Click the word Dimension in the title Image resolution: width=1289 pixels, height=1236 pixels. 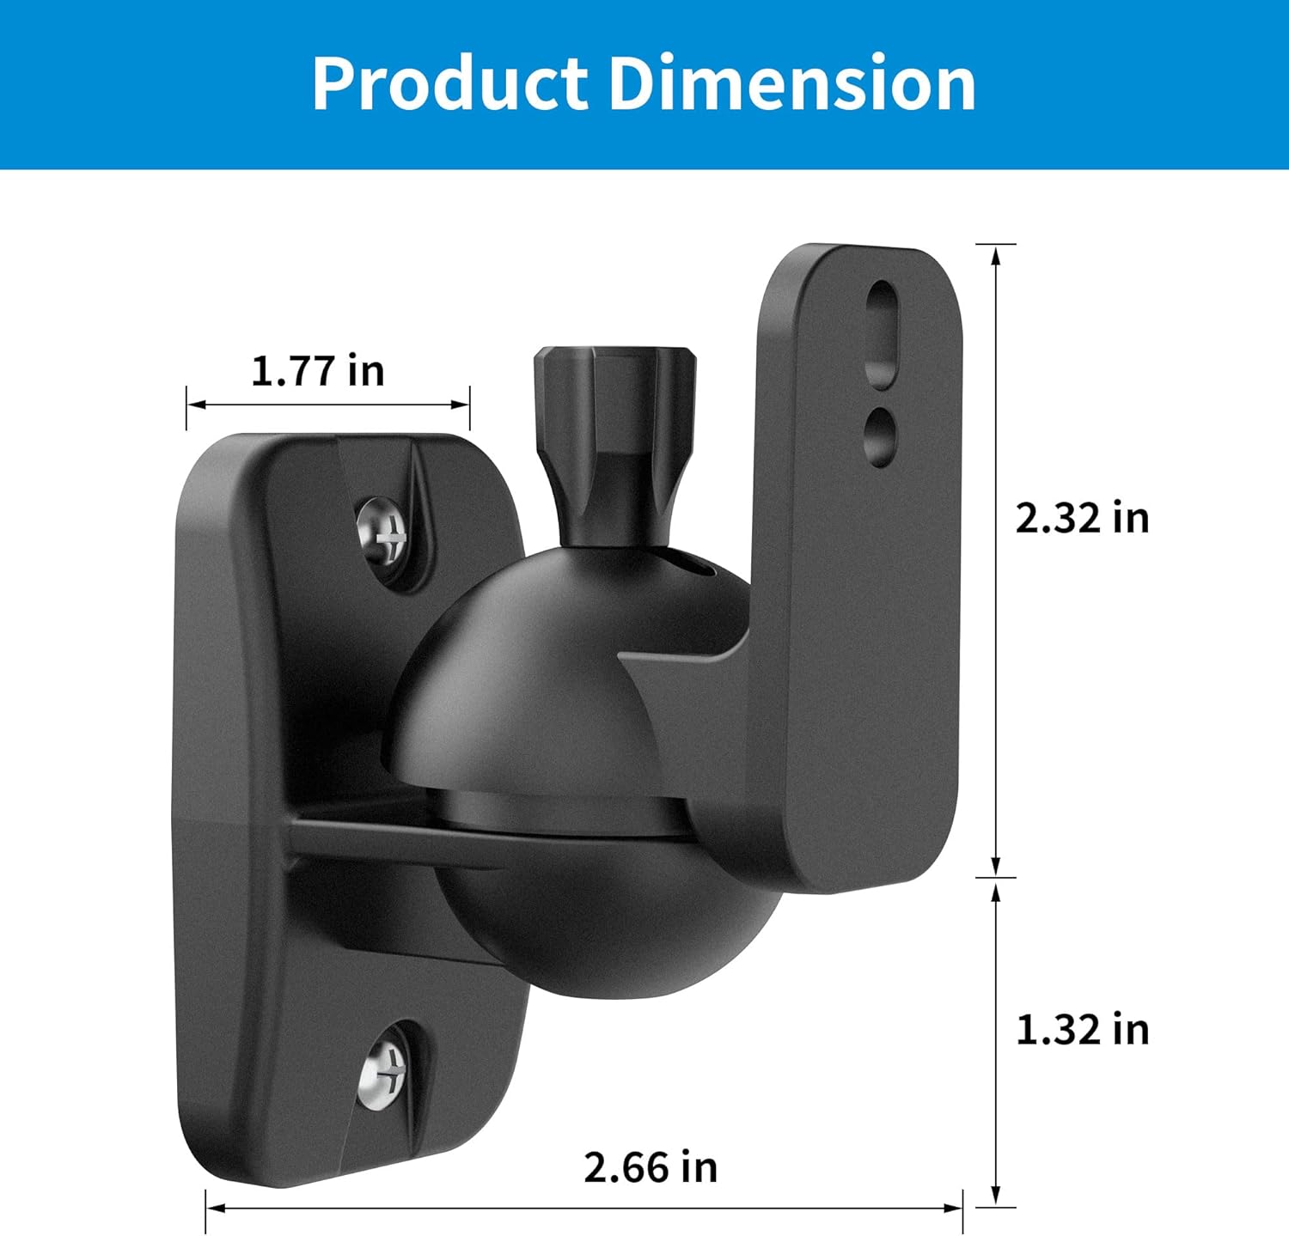792,83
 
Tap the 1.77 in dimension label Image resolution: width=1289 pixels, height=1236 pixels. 317,371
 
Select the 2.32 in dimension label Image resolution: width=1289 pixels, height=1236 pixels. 1082,518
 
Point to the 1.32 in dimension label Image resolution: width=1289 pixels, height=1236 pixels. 1082,1029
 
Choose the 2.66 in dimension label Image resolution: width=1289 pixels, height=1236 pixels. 650,1167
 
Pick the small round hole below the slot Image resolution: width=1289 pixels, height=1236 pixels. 880,435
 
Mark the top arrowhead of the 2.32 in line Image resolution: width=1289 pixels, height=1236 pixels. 996,253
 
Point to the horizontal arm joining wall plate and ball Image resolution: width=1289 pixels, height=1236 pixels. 361,837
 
